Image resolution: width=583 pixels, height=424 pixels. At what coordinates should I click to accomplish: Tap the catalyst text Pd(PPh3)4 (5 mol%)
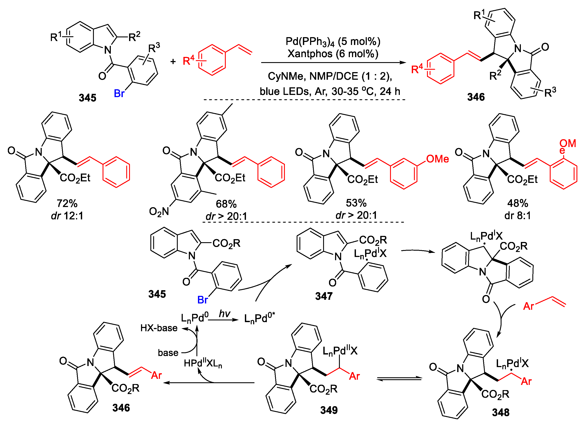point(333,42)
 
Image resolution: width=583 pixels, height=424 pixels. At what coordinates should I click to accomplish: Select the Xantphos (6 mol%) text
point(333,54)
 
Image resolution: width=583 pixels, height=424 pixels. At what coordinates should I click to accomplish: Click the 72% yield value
point(67,203)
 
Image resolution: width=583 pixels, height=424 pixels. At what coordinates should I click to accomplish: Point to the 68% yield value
point(226,204)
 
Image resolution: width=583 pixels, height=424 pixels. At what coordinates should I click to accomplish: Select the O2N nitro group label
point(159,212)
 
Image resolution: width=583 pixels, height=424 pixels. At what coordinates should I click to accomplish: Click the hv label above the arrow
point(224,314)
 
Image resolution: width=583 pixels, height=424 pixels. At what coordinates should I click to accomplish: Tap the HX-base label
point(159,328)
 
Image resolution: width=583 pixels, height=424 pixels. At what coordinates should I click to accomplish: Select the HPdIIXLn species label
point(203,363)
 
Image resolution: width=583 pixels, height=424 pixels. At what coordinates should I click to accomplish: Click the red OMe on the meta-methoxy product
point(437,159)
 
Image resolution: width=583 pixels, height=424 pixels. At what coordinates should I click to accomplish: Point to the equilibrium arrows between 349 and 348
point(399,379)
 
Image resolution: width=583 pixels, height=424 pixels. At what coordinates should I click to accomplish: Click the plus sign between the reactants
point(173,61)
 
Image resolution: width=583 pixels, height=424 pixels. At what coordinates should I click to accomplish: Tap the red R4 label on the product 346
point(417,69)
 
